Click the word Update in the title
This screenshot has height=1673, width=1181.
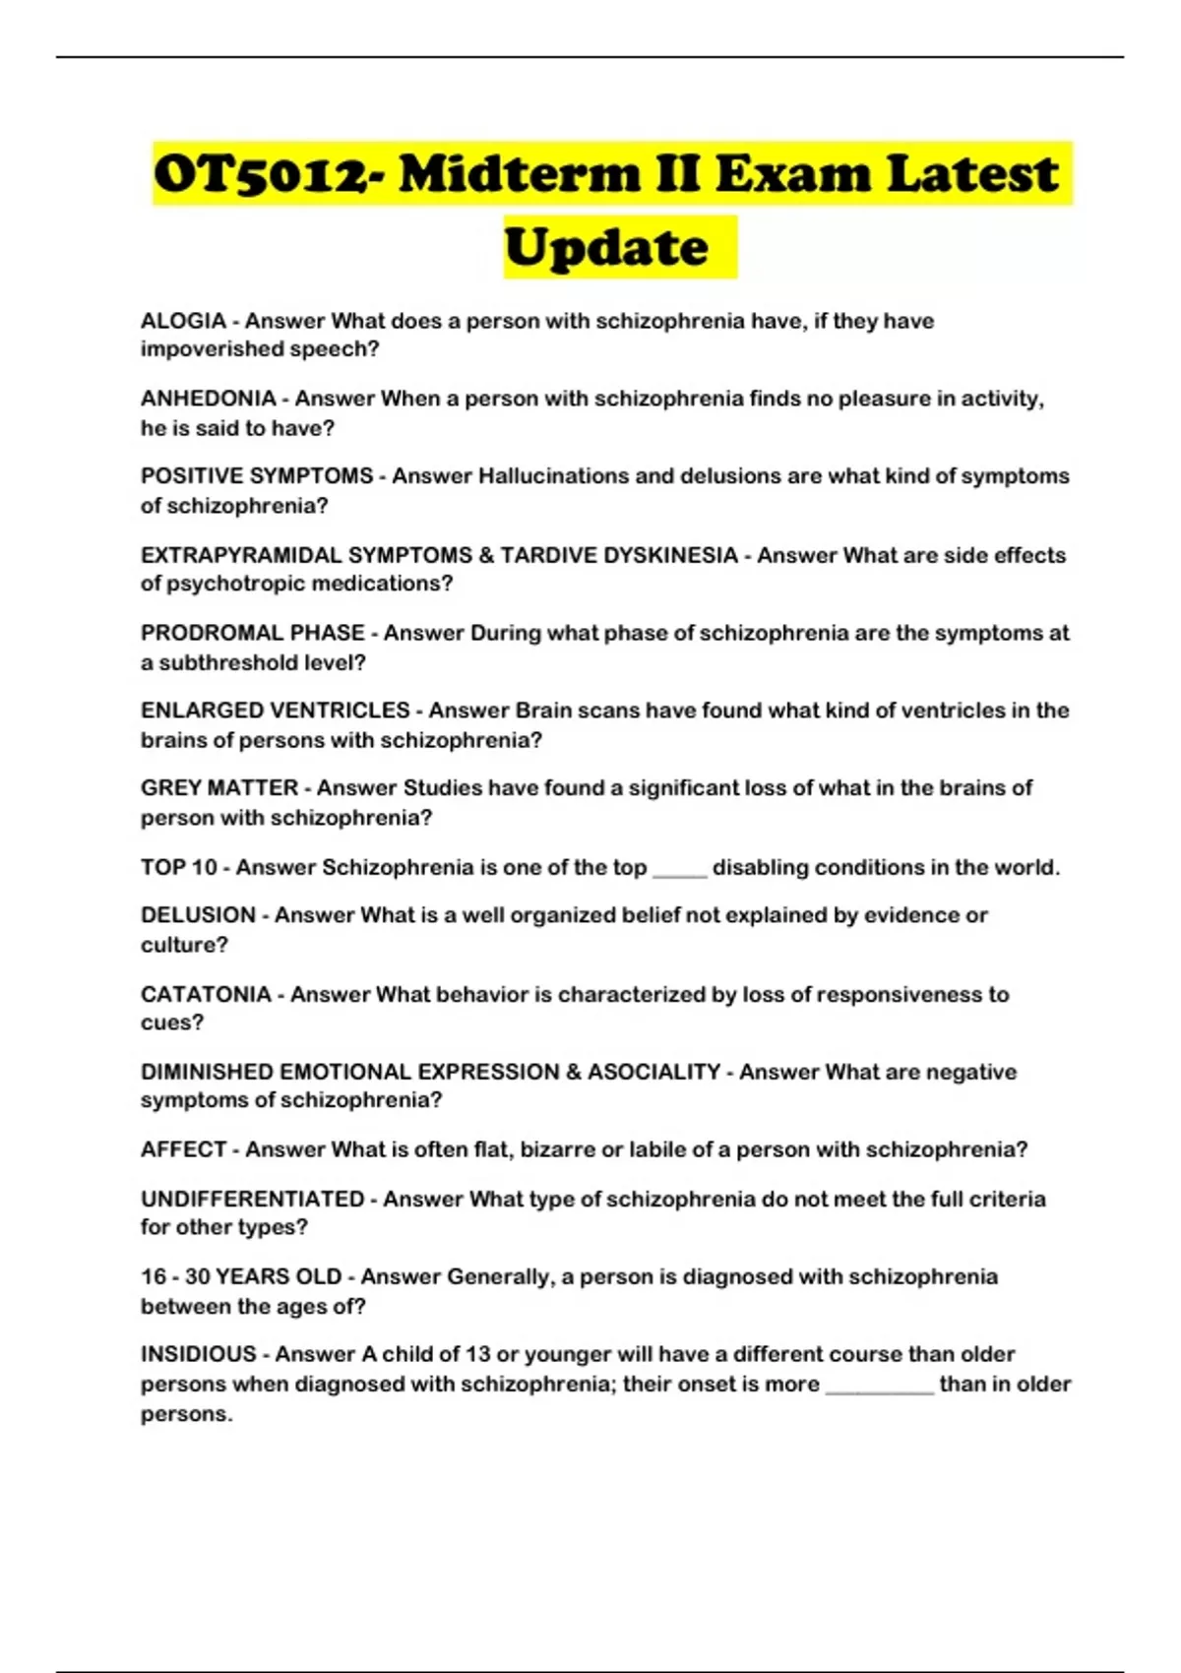click(606, 248)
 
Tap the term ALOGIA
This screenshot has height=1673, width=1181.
click(183, 321)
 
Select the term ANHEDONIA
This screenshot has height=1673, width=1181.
click(208, 399)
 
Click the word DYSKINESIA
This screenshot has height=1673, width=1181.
click(669, 555)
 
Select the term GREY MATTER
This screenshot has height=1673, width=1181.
click(218, 788)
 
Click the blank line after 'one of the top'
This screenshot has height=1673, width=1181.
click(679, 870)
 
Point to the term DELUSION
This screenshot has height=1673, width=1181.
click(198, 915)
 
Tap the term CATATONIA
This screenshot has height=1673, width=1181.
click(206, 994)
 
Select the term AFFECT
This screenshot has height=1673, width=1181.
click(184, 1149)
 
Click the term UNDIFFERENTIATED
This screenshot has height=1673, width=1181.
click(252, 1199)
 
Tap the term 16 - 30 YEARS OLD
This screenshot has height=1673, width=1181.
click(240, 1277)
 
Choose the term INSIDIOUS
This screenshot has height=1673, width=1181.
click(198, 1354)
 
